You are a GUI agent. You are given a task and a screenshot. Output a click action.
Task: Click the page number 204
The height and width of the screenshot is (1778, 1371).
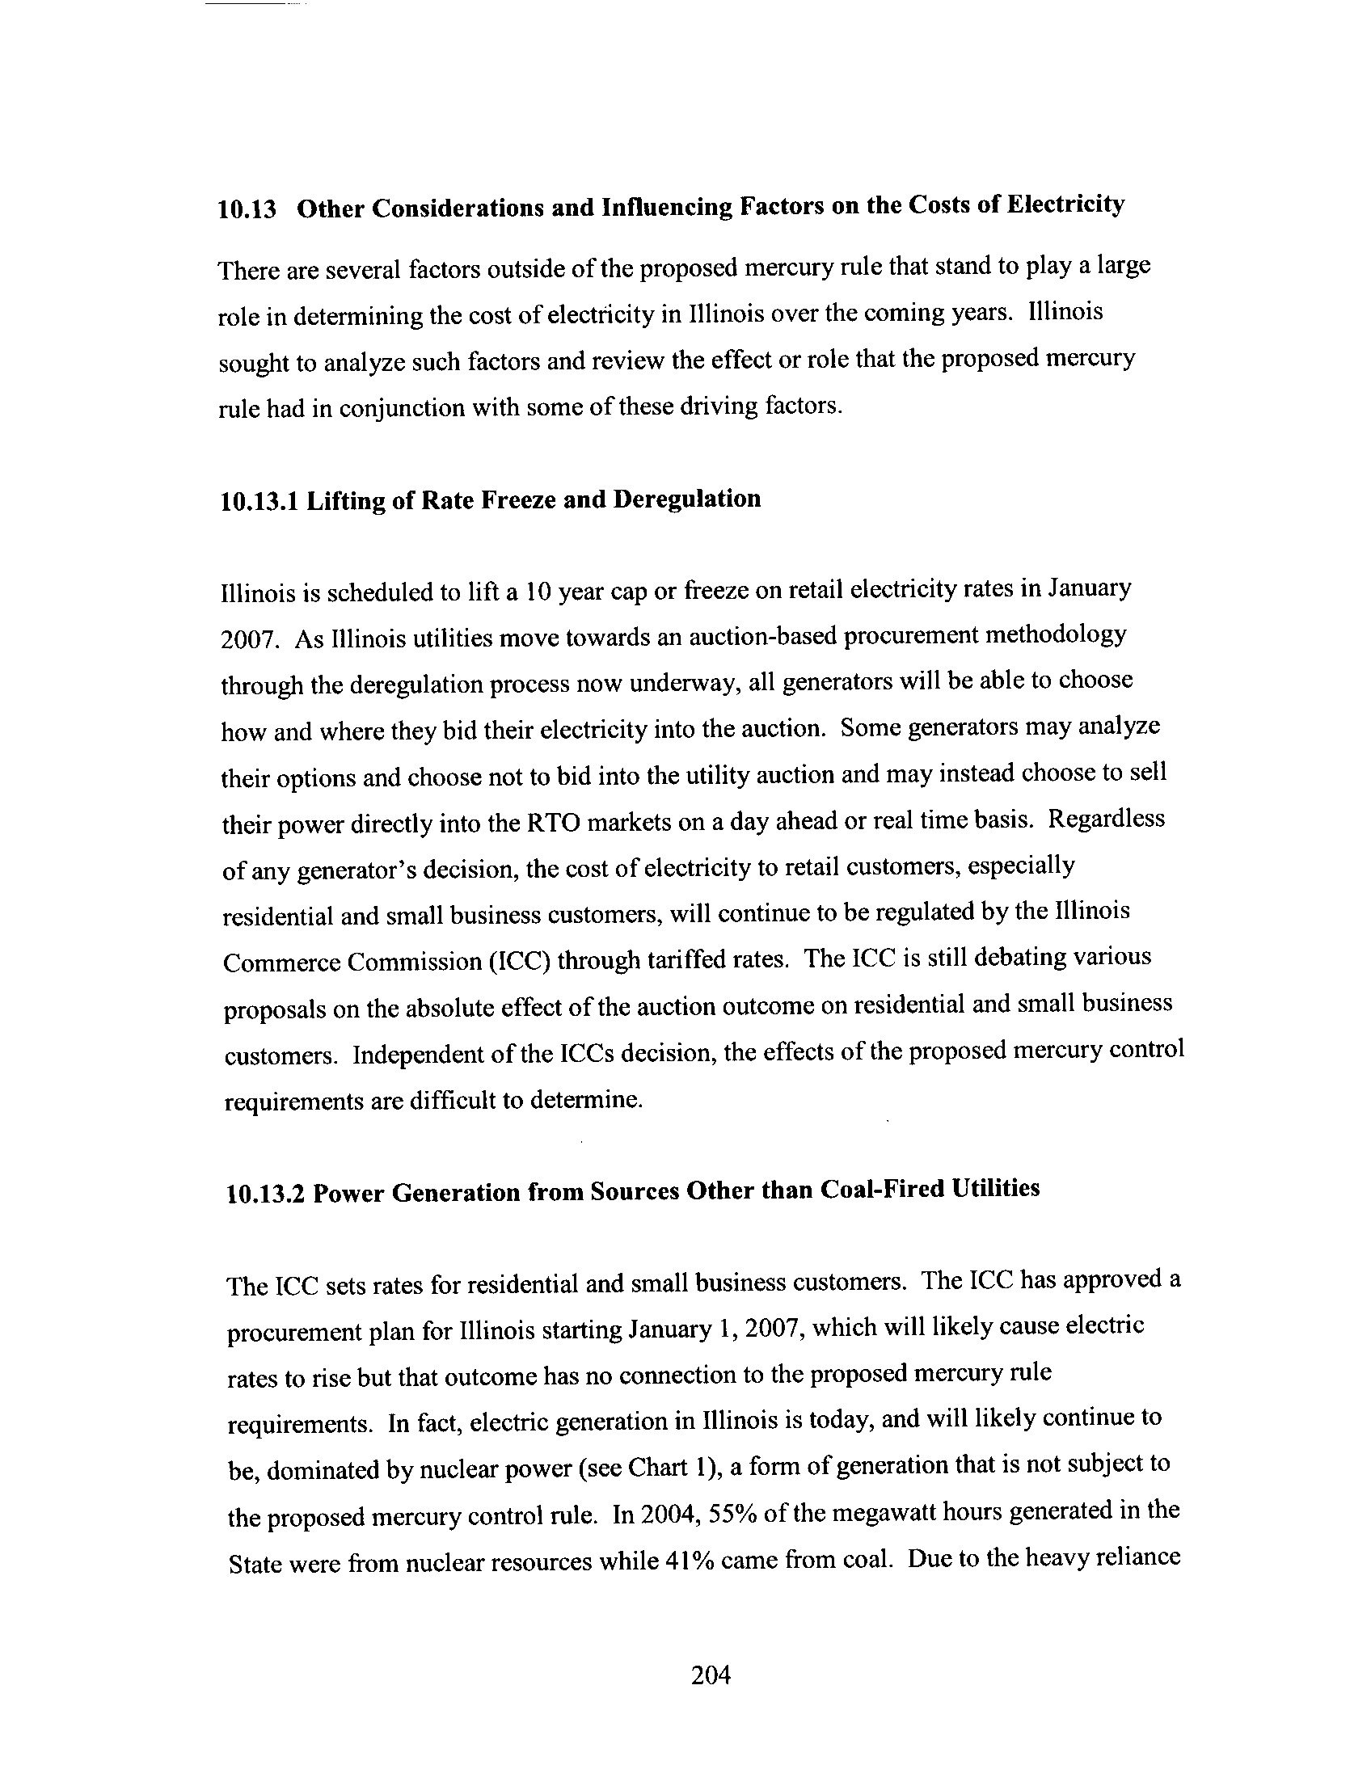click(x=711, y=1675)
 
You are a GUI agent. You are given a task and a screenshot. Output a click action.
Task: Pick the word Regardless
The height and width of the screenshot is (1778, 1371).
click(x=1107, y=818)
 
